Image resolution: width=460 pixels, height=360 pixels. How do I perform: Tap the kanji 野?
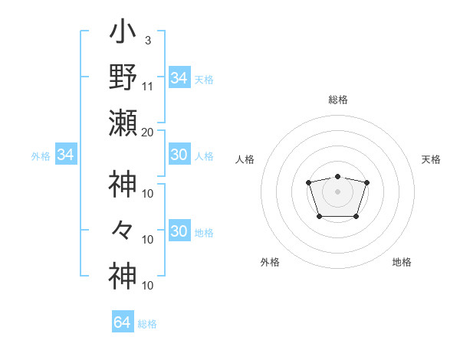[x=123, y=77]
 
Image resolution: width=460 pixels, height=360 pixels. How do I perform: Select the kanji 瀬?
[x=123, y=123]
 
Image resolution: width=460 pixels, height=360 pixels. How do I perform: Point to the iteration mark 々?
[x=123, y=230]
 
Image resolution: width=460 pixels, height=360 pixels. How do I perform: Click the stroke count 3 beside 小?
[x=148, y=40]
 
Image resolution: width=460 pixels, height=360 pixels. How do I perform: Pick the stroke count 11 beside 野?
[x=148, y=86]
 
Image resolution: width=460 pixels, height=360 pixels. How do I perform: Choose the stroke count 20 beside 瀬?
[x=148, y=131]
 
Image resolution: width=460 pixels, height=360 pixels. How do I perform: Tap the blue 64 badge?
[x=123, y=322]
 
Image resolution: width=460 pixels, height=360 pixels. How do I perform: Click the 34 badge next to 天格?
[x=179, y=78]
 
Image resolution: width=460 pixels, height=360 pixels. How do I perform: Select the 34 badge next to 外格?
[x=66, y=155]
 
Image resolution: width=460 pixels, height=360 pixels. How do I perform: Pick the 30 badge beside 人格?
[x=179, y=155]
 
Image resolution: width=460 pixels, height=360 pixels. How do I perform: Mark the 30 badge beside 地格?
[x=179, y=231]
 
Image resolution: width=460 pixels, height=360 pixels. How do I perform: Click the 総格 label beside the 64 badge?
[x=147, y=324]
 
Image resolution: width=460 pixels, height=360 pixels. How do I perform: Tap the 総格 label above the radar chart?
[x=337, y=100]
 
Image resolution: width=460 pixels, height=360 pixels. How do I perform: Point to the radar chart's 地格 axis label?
[x=402, y=262]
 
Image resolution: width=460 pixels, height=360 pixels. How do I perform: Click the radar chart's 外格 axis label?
[x=270, y=262]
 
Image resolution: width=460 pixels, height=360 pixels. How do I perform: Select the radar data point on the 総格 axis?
[x=337, y=177]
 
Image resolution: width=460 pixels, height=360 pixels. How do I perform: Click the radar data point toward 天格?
[x=366, y=182]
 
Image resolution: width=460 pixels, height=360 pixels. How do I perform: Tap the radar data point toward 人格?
[x=308, y=182]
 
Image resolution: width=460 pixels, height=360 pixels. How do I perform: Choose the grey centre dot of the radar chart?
[x=337, y=191]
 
